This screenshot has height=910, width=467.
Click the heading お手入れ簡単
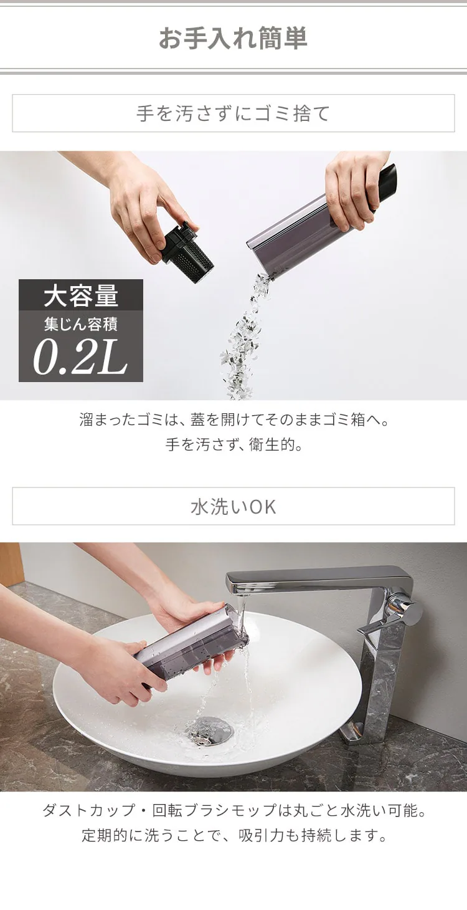[233, 39]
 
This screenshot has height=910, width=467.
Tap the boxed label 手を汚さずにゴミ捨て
[233, 113]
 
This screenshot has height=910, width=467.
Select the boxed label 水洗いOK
[233, 506]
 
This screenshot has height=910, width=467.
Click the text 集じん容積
[81, 325]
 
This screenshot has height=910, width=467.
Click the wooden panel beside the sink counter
[10, 563]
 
